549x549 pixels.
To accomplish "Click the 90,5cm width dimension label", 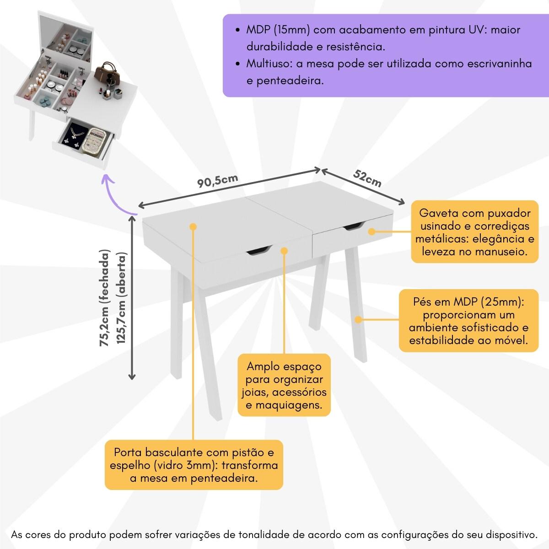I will coord(217,181).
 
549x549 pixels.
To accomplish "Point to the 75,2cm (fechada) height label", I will coord(106,297).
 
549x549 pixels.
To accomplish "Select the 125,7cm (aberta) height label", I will coord(121,297).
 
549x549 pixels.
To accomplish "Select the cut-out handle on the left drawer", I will coord(259,250).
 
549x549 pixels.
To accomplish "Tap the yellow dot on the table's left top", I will coord(193,226).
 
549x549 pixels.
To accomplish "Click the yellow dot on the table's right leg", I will coord(359,320).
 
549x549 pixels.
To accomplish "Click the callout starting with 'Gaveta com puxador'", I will coord(474,232).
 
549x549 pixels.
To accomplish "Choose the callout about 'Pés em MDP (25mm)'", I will coord(468,321).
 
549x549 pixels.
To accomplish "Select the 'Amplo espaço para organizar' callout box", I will coord(284,386).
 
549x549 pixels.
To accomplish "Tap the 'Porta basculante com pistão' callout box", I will coord(194,465).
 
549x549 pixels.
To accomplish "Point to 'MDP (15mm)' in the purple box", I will coord(279,30).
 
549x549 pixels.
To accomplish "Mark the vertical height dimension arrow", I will coord(132,297).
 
